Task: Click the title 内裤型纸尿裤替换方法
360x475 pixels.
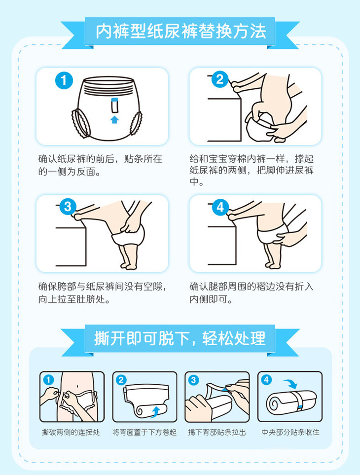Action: pyautogui.click(x=181, y=31)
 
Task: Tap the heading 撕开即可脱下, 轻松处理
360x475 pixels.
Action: pyautogui.click(x=180, y=338)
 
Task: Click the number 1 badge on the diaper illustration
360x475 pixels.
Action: pyautogui.click(x=64, y=80)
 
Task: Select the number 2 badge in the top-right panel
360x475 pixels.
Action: pyautogui.click(x=220, y=79)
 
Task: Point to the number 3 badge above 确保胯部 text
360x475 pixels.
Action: pyautogui.click(x=68, y=207)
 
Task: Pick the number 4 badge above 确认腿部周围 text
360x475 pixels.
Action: pyautogui.click(x=220, y=207)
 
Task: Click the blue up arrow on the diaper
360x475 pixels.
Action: pyautogui.click(x=114, y=119)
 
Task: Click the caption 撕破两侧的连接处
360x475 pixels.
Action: pyautogui.click(x=71, y=432)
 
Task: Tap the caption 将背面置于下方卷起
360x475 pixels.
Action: pyautogui.click(x=144, y=432)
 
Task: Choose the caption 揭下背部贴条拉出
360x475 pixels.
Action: pyautogui.click(x=217, y=432)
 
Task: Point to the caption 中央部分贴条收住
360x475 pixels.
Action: pyautogui.click(x=290, y=432)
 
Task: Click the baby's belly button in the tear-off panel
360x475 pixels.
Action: pyautogui.click(x=78, y=386)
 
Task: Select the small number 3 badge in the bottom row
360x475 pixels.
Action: pyautogui.click(x=193, y=380)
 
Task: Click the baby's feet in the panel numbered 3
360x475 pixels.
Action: pyautogui.click(x=129, y=266)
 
